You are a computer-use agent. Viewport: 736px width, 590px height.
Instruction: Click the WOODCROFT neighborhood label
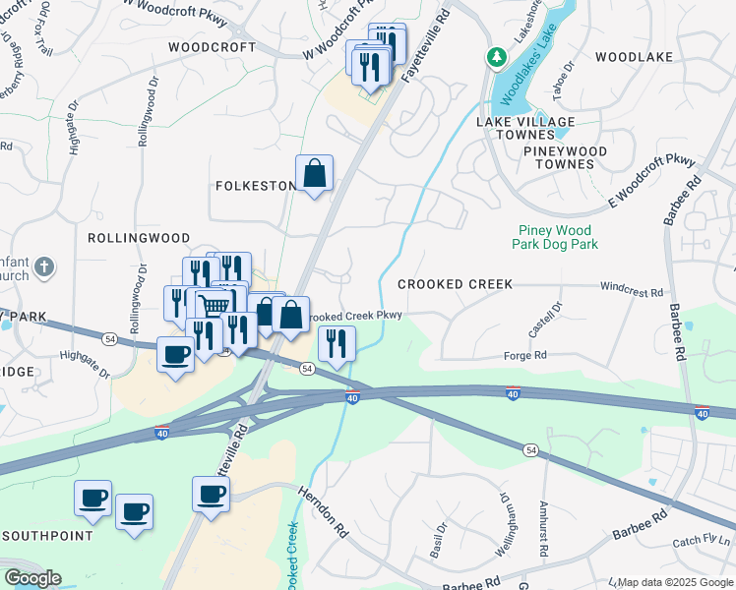pos(212,47)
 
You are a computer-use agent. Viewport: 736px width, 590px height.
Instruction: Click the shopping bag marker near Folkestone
pos(314,174)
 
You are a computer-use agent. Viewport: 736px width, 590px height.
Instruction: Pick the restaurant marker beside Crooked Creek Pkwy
pos(337,344)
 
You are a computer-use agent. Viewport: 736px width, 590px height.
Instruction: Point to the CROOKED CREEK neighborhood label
pos(455,284)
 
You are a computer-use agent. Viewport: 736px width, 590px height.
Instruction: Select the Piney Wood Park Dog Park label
pos(558,237)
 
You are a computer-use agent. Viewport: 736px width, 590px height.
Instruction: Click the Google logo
pos(32,578)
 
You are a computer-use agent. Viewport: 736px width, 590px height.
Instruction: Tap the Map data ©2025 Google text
pos(675,582)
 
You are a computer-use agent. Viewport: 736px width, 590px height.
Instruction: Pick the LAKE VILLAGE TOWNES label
pos(525,128)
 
